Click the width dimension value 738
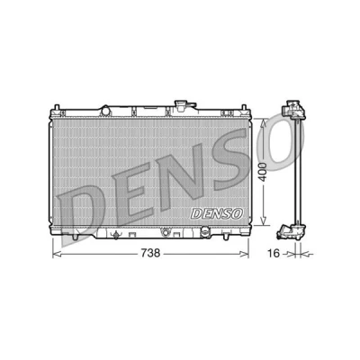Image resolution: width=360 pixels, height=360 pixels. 150,254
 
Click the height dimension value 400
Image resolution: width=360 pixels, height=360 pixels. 263,172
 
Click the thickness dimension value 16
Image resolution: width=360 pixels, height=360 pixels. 274,254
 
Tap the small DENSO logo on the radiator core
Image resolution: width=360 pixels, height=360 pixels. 217,214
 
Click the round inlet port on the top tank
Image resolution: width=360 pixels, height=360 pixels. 105,111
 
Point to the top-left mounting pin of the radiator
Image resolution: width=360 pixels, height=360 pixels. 57,108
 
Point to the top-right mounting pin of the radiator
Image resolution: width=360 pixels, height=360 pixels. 244,108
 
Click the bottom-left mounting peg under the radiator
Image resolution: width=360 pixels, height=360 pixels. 75,236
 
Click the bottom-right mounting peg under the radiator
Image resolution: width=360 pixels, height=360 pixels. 225,236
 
